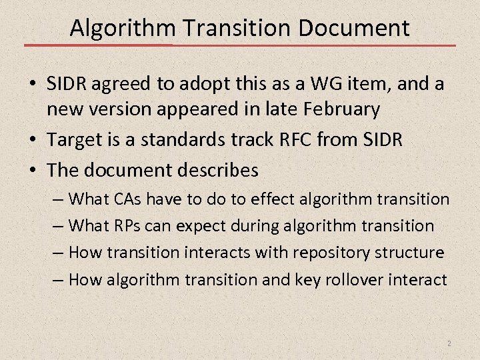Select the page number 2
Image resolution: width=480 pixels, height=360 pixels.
(449, 343)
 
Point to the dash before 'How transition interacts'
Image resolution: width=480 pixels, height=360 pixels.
(59, 253)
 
